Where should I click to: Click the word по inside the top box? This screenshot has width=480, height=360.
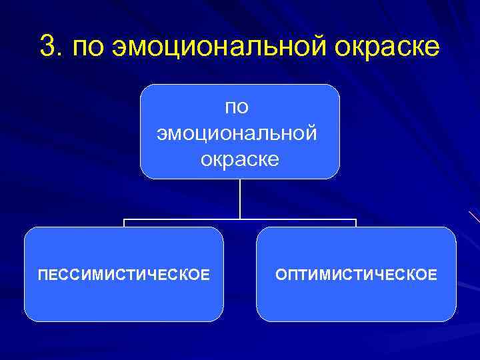coord(239,107)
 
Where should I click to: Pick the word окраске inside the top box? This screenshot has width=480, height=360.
coord(239,159)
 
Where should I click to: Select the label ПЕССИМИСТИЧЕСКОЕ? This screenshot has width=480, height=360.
coord(123,274)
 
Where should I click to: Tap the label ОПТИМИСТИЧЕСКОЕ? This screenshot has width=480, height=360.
coord(357,274)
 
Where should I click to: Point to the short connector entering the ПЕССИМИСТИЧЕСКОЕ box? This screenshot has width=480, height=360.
coord(124,223)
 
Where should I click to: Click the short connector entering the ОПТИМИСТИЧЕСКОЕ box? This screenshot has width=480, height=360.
coord(356,223)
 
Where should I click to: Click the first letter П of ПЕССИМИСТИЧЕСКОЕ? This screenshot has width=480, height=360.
coord(42,274)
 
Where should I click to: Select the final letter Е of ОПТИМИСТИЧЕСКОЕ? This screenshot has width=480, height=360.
coord(433,274)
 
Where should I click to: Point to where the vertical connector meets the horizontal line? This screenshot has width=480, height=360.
coord(240,219)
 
